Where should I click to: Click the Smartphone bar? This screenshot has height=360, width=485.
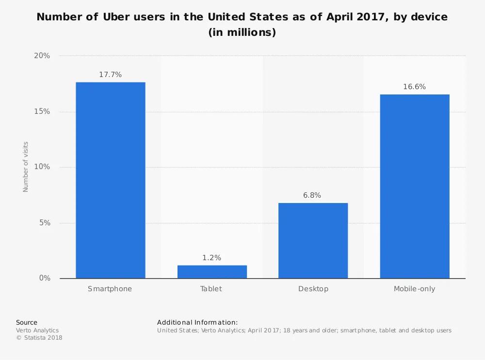[110, 180]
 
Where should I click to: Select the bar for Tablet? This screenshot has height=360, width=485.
[212, 272]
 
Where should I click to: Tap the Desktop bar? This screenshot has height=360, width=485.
[313, 241]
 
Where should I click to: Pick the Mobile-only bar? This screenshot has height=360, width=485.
[414, 187]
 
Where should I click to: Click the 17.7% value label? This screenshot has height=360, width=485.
[110, 75]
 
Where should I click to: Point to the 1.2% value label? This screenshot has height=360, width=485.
[212, 258]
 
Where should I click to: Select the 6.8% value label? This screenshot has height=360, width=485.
[313, 195]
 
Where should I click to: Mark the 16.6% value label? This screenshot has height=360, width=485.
[414, 87]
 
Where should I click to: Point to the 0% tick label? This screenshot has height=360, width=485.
[45, 279]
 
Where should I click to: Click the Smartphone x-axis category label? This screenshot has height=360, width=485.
[110, 289]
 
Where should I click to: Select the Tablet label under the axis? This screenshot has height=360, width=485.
[211, 289]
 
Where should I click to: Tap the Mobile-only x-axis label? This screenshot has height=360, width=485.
[414, 289]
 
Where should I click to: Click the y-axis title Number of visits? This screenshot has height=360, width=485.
[26, 167]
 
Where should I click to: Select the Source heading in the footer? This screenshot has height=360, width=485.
[27, 322]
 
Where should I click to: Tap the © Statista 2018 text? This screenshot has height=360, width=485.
[39, 338]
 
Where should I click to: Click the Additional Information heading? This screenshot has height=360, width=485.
[197, 322]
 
